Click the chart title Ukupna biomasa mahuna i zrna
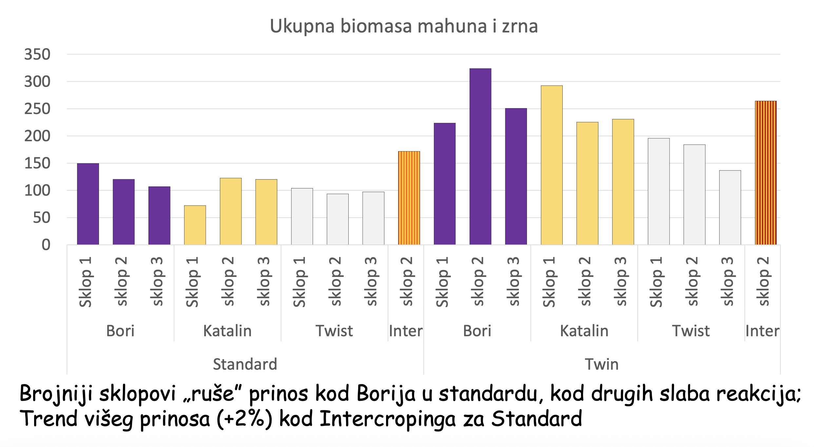click(x=404, y=26)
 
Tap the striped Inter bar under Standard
click(x=409, y=198)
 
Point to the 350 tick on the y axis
click(x=37, y=54)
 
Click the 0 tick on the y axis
click(x=46, y=245)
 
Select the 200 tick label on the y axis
click(x=37, y=136)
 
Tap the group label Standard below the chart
click(x=245, y=364)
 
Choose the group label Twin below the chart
click(x=602, y=364)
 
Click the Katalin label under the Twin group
click(x=584, y=331)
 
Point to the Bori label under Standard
click(x=120, y=331)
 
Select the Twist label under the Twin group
click(x=691, y=331)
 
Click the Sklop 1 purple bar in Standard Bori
click(x=88, y=204)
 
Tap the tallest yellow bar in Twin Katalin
click(x=552, y=165)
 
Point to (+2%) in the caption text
click(x=244, y=418)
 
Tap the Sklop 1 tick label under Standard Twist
click(x=299, y=282)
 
